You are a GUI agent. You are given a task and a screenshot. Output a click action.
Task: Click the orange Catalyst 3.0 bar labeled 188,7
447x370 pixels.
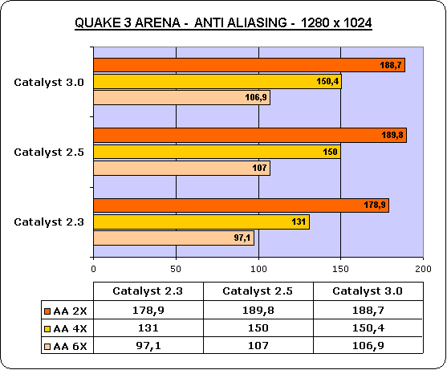[x=249, y=65]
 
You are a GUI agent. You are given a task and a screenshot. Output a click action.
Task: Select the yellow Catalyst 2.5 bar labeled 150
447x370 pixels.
[x=217, y=152]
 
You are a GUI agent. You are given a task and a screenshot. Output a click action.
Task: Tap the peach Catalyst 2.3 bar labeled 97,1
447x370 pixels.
[x=173, y=238]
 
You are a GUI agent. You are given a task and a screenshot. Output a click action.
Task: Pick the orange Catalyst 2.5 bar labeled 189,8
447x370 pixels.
[x=250, y=135]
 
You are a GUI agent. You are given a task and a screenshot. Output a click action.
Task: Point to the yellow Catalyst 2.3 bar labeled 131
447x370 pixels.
[x=201, y=222]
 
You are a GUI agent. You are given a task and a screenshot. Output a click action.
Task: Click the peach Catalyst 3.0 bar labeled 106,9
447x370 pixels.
[x=181, y=97]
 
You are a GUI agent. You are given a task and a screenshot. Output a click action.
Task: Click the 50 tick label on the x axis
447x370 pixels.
[x=176, y=269]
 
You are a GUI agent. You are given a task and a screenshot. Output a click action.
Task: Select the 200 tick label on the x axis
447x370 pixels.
[x=423, y=269]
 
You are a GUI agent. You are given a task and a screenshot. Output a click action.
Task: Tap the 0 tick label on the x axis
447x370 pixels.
[x=94, y=269]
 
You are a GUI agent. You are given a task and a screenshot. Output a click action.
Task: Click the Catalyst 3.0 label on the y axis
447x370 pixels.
[x=49, y=83]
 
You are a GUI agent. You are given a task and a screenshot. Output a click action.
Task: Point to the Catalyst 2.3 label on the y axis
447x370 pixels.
[x=49, y=222]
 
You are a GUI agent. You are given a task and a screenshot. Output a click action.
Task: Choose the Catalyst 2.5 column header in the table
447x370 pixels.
[x=258, y=291]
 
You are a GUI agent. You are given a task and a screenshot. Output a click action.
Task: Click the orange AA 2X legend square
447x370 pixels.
[x=47, y=311]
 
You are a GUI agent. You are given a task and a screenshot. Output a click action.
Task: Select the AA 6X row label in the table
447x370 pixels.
[x=70, y=347]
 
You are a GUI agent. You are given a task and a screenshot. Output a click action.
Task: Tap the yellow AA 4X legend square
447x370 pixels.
[x=47, y=329]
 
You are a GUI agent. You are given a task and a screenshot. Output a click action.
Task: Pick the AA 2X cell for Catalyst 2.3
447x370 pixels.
[x=148, y=310]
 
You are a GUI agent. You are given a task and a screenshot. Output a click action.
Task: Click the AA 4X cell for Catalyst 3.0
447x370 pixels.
[x=368, y=328]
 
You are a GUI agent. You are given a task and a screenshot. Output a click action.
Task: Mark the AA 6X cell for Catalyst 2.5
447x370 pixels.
[x=258, y=346]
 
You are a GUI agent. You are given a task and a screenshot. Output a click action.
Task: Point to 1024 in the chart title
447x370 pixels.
[x=358, y=22]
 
